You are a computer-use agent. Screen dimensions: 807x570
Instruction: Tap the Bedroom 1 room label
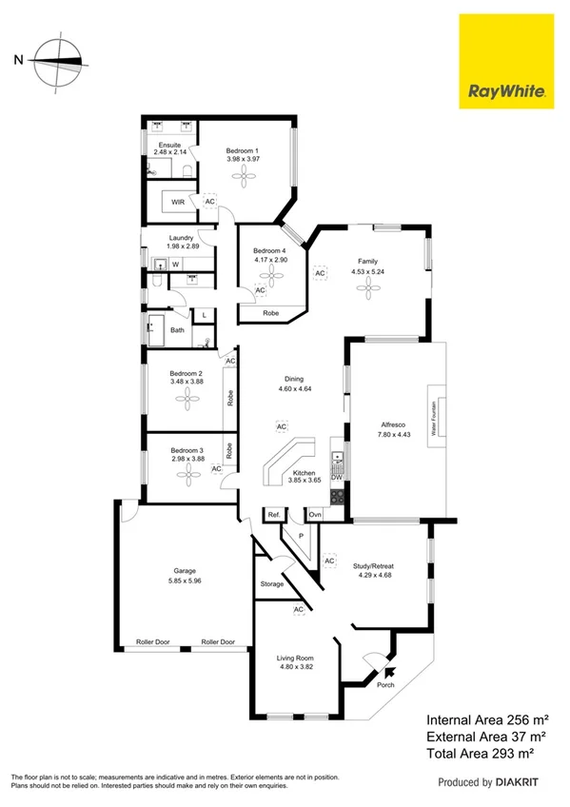243,151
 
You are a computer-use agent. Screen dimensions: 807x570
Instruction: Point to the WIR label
177,202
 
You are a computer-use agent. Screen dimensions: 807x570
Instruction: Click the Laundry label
182,238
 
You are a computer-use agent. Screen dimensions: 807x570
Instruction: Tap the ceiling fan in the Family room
367,291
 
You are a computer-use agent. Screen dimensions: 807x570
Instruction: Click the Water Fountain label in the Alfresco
433,416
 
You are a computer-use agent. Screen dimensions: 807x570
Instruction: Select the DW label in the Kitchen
337,479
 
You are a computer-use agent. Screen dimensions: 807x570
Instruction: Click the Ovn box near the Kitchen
315,515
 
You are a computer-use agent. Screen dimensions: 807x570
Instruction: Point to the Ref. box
273,515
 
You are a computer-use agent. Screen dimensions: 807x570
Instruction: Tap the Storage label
271,583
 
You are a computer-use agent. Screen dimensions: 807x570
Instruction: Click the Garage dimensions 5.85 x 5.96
177,581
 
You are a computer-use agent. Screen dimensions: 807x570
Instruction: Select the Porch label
386,685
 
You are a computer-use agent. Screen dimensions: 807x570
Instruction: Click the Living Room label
295,659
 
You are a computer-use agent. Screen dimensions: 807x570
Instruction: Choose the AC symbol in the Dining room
282,427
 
